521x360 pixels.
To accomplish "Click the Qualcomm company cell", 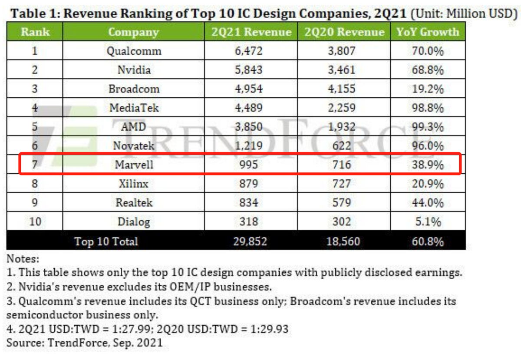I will coord(134,51).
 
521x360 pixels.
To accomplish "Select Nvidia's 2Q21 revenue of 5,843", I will coord(249,70).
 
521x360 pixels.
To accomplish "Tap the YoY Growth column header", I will coord(427,32).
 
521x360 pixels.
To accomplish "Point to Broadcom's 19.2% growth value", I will coord(428,89).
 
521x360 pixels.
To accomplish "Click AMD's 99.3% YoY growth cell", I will coord(428,127).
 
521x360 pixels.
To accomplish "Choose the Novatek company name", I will coord(134,146).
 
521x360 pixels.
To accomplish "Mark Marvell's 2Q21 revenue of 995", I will coord(249,165).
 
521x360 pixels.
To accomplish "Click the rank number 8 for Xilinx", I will coord(35,184).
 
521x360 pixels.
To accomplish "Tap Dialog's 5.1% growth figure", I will coord(428,222).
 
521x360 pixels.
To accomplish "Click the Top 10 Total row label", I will coord(106,241).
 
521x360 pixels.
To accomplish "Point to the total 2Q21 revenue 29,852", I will coord(249,241).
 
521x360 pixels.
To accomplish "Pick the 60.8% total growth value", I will coord(428,241).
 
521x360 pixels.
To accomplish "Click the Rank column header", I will coord(35,32).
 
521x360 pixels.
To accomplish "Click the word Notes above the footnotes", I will coord(23,259).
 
